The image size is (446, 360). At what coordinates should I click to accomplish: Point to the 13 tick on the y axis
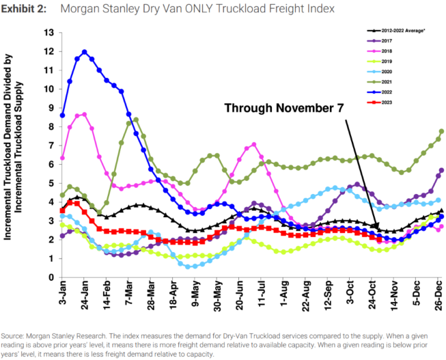tap(48, 32)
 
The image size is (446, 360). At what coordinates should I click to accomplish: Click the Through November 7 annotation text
tap(282, 108)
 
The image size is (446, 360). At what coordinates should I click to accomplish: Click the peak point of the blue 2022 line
tap(84, 52)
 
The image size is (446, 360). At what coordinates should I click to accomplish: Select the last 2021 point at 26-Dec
tap(441, 131)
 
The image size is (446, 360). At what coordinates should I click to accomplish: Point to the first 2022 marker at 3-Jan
tap(63, 115)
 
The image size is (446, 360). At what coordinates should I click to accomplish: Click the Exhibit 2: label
tap(24, 11)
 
